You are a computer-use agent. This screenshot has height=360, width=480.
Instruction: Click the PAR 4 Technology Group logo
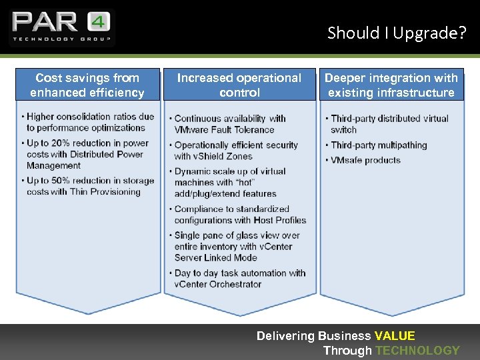point(61,27)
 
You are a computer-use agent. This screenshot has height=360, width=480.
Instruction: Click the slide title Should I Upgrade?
point(396,33)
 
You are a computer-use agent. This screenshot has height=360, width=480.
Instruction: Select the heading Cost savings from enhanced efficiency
point(87,85)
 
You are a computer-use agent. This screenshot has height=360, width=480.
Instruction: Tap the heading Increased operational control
point(239,85)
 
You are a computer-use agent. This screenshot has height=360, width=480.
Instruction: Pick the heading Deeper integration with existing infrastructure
point(391,85)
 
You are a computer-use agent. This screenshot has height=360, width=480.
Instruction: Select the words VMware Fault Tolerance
point(224,130)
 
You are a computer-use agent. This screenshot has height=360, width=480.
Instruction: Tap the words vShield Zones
point(223,156)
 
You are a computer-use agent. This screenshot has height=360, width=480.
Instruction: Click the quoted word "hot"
point(245,183)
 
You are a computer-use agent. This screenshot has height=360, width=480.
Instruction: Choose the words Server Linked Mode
point(215,257)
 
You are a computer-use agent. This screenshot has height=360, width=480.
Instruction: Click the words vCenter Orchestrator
point(218,284)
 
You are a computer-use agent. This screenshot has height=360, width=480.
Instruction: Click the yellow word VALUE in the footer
point(395,336)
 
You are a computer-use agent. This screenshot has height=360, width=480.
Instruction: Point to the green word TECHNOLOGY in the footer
point(417,351)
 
